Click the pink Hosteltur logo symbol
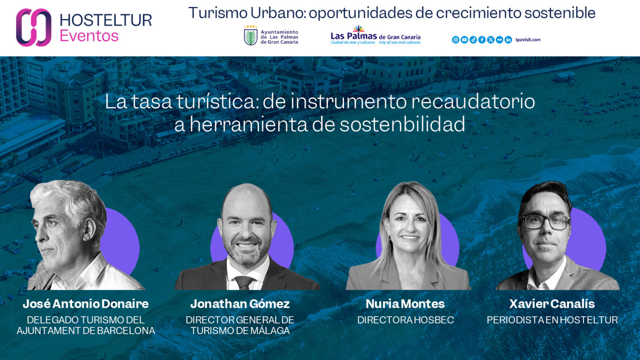[x=34, y=27]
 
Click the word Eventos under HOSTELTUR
[x=89, y=36]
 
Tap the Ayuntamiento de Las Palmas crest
[x=251, y=36]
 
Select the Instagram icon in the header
[x=455, y=39]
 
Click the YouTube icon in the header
[x=464, y=39]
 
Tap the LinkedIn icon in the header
[x=508, y=39]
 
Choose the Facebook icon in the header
[x=482, y=39]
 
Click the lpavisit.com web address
[x=528, y=39]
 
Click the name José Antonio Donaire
[x=85, y=304]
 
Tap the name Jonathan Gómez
[x=240, y=304]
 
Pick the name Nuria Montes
[x=405, y=304]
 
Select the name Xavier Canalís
[x=551, y=304]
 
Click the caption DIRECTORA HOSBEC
[x=405, y=320]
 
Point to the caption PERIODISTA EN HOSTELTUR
[x=552, y=320]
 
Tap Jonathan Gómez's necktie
[x=244, y=282]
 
